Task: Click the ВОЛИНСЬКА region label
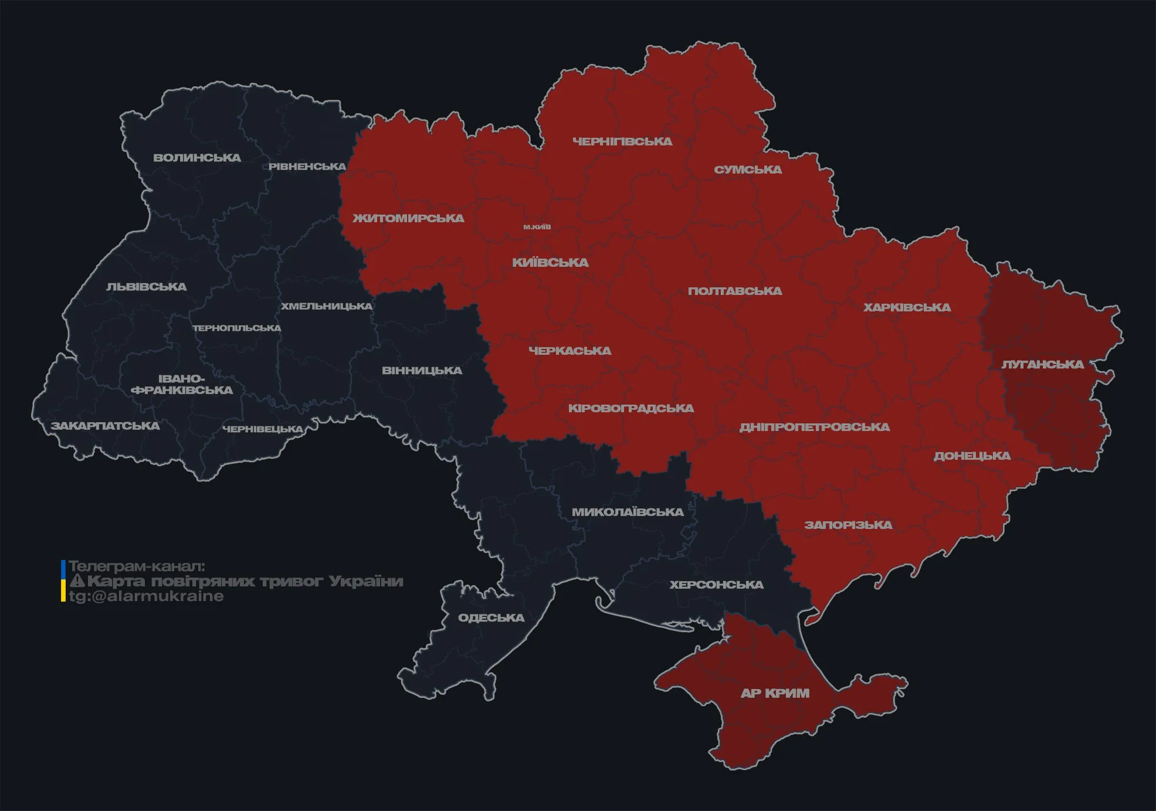click(x=197, y=158)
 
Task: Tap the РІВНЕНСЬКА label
click(x=307, y=167)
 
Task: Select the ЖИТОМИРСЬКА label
click(x=408, y=218)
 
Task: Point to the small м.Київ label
click(x=537, y=226)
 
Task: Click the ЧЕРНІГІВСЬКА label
click(x=622, y=141)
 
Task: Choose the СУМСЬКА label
click(x=748, y=169)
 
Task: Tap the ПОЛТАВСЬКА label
click(x=735, y=291)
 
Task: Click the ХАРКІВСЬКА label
click(x=907, y=307)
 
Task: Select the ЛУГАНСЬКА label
click(x=1042, y=364)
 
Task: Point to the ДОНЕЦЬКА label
click(x=972, y=456)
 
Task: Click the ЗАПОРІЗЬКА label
click(x=848, y=525)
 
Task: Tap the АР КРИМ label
click(x=775, y=693)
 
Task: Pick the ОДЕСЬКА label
click(x=491, y=617)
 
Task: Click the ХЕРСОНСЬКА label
click(x=716, y=585)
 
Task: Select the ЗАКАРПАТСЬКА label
click(x=105, y=426)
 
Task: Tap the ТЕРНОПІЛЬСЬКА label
click(x=237, y=328)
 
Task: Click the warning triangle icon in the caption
click(x=77, y=581)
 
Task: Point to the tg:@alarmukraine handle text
click(x=146, y=596)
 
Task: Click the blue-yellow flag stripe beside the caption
click(x=63, y=581)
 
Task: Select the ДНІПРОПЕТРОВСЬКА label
click(x=814, y=427)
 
